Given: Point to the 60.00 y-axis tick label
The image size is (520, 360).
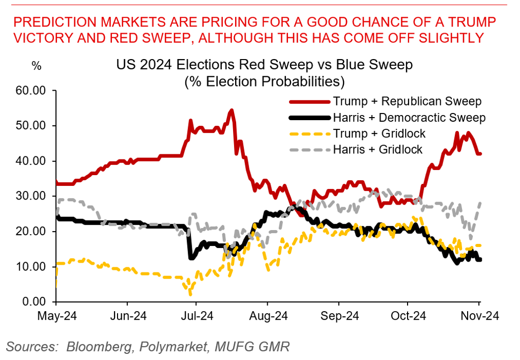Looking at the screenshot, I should tap(32, 91).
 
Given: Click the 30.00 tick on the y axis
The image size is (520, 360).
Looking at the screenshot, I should tap(32, 196).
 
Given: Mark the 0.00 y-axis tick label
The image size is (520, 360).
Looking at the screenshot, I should tap(35, 302).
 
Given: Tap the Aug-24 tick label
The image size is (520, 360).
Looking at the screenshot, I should tap(268, 316).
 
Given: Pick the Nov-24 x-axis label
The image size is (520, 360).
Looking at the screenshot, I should tap(479, 316).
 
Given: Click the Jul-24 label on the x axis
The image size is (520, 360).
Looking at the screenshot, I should tap(197, 316).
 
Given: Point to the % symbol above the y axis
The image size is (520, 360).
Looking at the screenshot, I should tap(36, 66).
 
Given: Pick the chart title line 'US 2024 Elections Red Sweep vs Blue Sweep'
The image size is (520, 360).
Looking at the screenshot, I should tap(265, 65).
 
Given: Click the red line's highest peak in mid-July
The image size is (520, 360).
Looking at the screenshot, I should tap(232, 110).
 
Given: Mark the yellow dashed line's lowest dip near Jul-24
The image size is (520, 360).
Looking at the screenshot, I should tap(190, 294).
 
